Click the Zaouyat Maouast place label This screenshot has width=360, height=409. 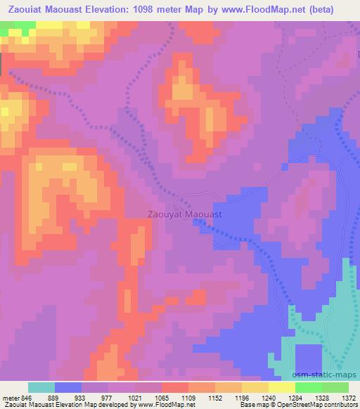pos(186,212)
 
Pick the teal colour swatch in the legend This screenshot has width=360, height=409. pos(41,387)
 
